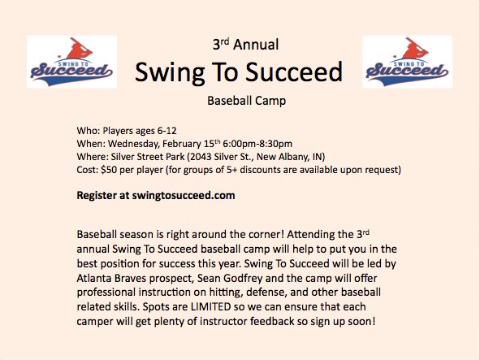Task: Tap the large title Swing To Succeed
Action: click(239, 73)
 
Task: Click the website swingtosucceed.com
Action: click(184, 196)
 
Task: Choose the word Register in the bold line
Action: click(99, 196)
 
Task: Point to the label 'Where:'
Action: click(93, 156)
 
